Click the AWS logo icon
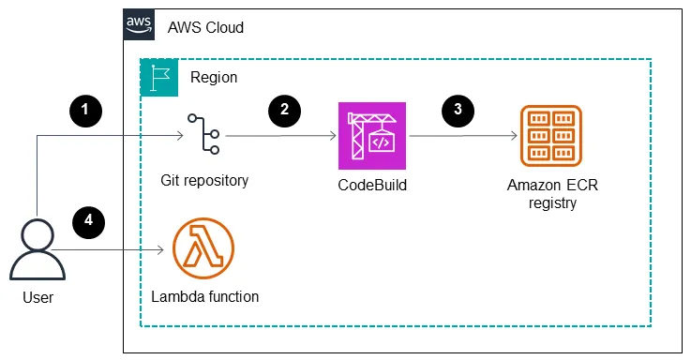140,25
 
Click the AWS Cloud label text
205,27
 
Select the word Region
214,78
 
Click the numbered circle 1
86,110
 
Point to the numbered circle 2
284,110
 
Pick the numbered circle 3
458,109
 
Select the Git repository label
204,180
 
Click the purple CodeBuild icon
371,135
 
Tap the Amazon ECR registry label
551,192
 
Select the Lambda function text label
204,297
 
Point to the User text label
38,298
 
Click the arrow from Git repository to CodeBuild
281,135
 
